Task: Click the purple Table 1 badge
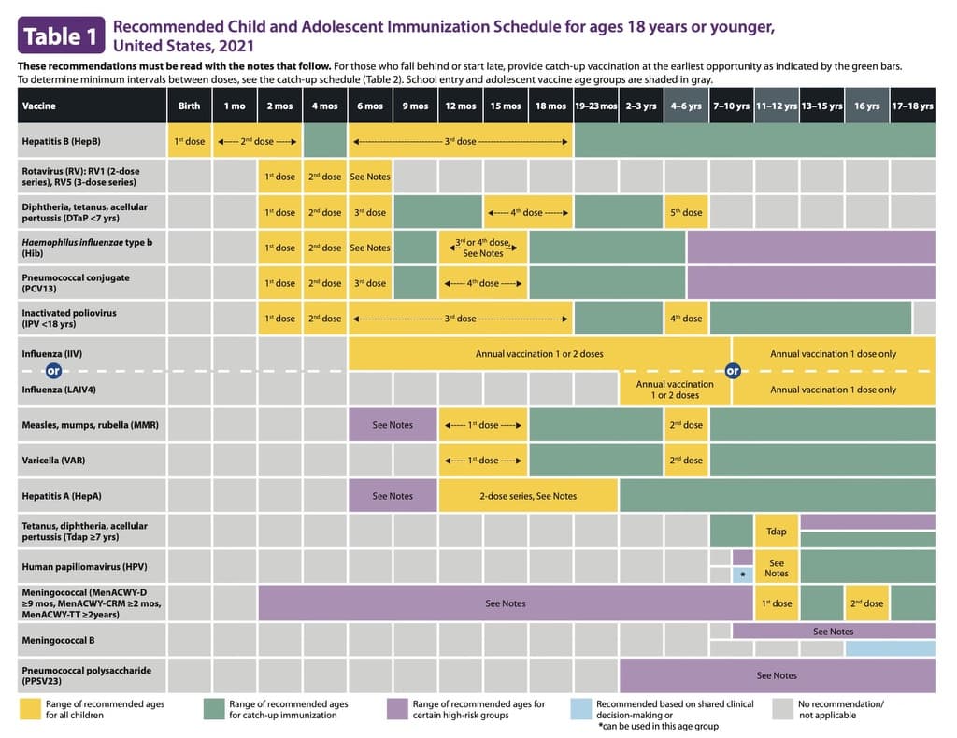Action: point(59,36)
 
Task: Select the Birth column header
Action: point(189,106)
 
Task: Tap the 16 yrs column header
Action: point(866,106)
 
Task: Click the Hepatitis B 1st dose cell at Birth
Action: point(189,141)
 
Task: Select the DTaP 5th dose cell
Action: point(686,212)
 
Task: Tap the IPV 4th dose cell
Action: point(686,319)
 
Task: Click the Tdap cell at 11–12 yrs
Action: point(776,532)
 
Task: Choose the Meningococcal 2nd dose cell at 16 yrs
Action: point(866,603)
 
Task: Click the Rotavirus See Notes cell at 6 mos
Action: point(370,177)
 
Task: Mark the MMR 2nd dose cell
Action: point(686,425)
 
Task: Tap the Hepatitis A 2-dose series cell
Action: point(528,496)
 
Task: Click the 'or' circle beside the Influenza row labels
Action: point(53,371)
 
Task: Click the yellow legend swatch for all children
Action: point(30,708)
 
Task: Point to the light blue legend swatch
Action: point(580,708)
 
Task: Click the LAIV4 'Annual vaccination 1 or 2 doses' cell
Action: point(675,390)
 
